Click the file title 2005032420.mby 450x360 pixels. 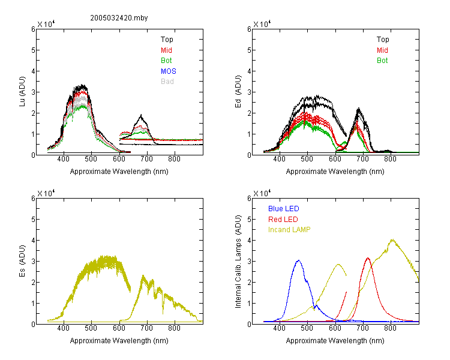click(x=119, y=18)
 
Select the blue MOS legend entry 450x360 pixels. click(x=169, y=71)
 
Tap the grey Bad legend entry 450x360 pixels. click(x=167, y=82)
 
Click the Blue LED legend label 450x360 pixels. click(x=284, y=209)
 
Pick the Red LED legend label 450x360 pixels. click(x=283, y=220)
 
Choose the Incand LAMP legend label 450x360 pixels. click(x=289, y=230)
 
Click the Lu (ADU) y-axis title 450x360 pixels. click(x=22, y=92)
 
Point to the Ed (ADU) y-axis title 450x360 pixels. click(x=238, y=92)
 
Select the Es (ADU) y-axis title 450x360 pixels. click(x=22, y=261)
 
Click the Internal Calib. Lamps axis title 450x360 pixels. click(x=238, y=262)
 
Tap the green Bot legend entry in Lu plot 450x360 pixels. click(x=166, y=61)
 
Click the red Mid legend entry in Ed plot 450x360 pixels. click(x=382, y=50)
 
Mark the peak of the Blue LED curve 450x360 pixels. click(x=299, y=260)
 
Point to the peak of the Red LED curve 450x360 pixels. click(x=368, y=258)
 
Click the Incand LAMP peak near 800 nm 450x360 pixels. click(x=392, y=240)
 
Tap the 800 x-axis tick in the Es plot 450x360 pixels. click(x=174, y=328)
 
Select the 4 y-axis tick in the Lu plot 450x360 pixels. click(x=33, y=71)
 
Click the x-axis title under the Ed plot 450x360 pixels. click(x=335, y=172)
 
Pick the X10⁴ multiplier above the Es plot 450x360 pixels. click(x=46, y=193)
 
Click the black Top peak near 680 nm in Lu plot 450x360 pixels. click(x=141, y=115)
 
